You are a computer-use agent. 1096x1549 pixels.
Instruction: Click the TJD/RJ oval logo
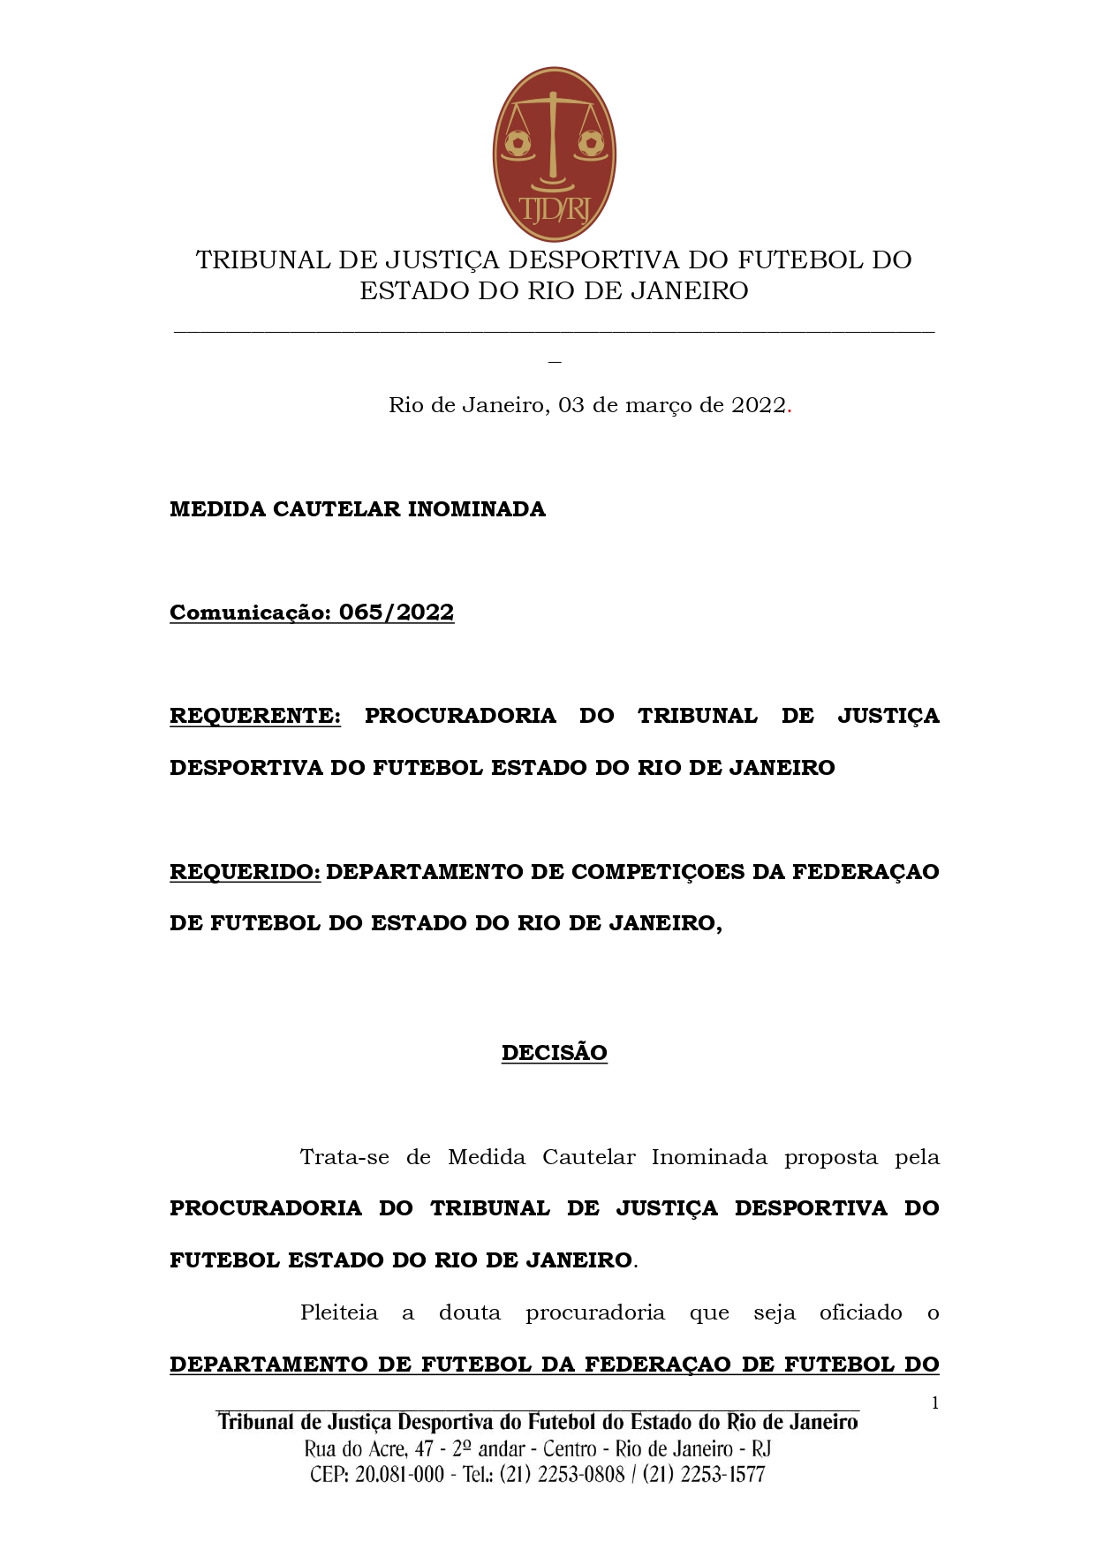554,154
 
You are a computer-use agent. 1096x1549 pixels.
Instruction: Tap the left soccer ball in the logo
518,142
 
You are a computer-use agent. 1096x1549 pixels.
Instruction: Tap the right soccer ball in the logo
591,142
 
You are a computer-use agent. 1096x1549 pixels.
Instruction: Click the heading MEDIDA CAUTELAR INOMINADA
358,509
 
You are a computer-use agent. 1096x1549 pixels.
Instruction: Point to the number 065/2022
397,613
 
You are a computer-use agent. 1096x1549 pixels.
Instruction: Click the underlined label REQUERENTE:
255,716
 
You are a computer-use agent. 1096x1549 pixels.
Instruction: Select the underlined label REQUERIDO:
246,872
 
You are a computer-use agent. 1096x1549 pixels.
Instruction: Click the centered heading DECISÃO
554,1053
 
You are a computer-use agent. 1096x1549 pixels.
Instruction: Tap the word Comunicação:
250,613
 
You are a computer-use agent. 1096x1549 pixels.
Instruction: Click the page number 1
934,1403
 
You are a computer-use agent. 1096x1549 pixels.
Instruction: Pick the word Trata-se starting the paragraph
344,1157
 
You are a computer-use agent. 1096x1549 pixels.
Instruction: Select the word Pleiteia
339,1312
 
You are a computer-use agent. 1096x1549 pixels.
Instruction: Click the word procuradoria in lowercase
595,1312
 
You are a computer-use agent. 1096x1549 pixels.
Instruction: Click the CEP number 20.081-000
399,1474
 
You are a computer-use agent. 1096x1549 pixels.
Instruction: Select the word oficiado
860,1312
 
